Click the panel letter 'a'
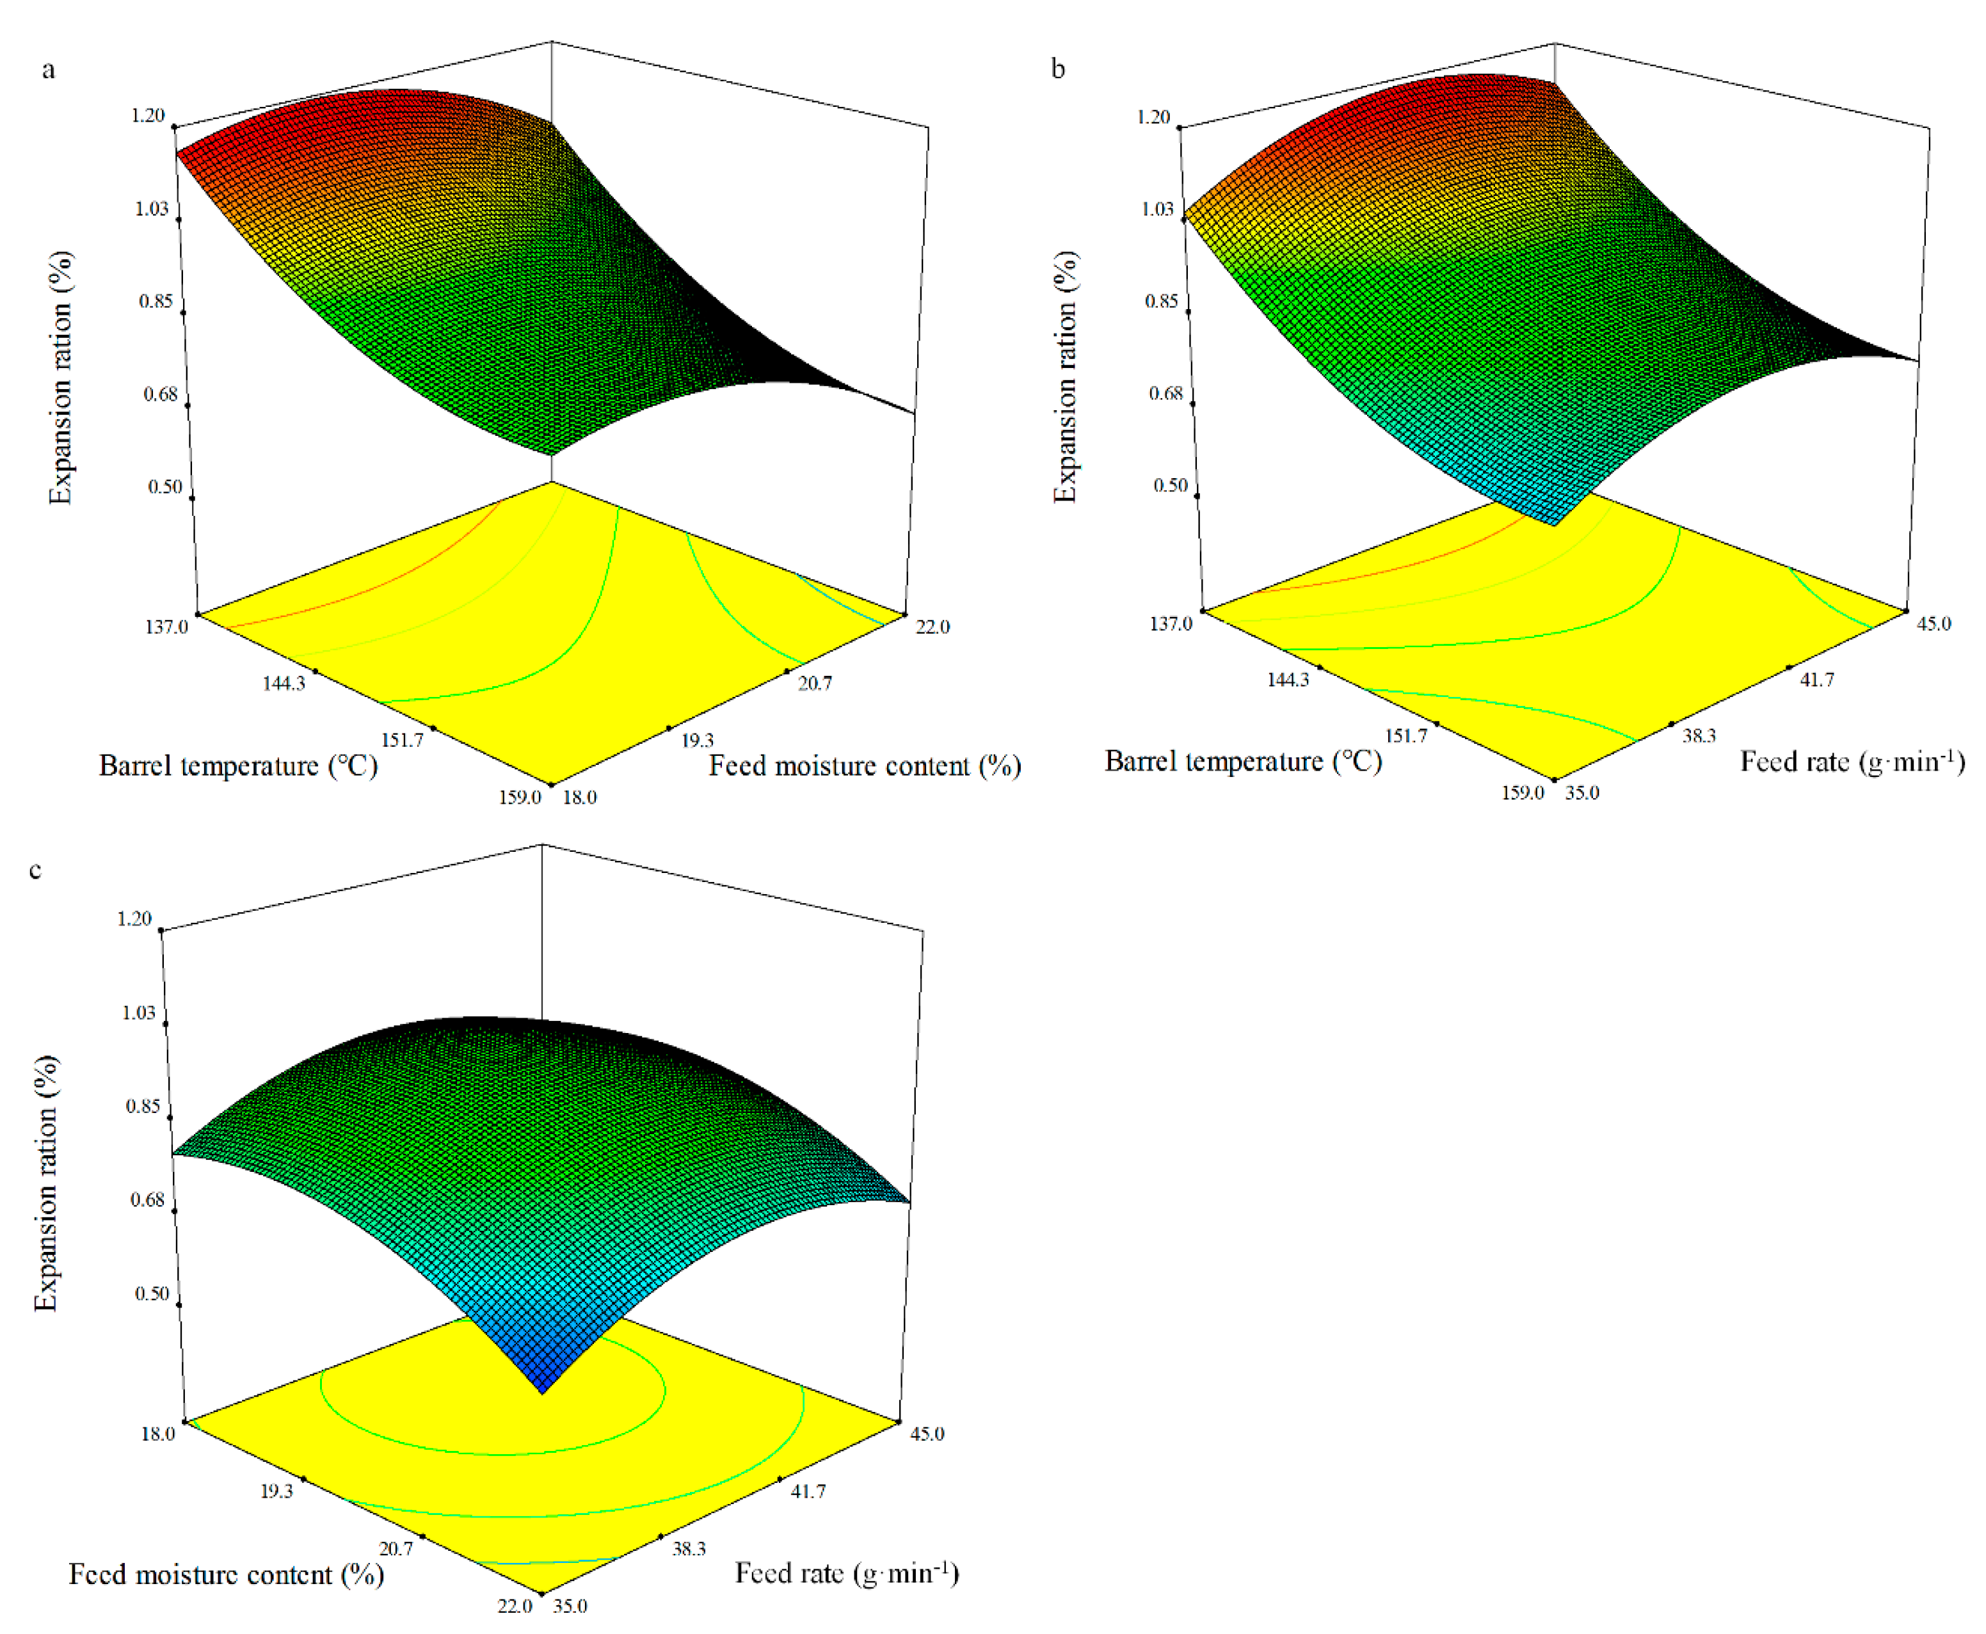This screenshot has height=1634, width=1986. pyautogui.click(x=48, y=70)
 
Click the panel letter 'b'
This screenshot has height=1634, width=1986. pyautogui.click(x=1058, y=70)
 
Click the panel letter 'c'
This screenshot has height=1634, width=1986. pyautogui.click(x=36, y=870)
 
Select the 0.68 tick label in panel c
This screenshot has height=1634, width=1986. pyautogui.click(x=147, y=1199)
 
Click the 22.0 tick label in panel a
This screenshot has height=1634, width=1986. pyautogui.click(x=932, y=627)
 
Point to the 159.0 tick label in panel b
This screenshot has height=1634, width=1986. pyautogui.click(x=1522, y=792)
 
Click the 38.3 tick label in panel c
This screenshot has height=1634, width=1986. pyautogui.click(x=689, y=1548)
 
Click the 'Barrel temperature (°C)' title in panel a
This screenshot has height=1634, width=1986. pyautogui.click(x=238, y=766)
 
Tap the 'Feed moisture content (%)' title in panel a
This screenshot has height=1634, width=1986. pyautogui.click(x=864, y=766)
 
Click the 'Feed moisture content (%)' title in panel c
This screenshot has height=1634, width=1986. pyautogui.click(x=226, y=1574)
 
